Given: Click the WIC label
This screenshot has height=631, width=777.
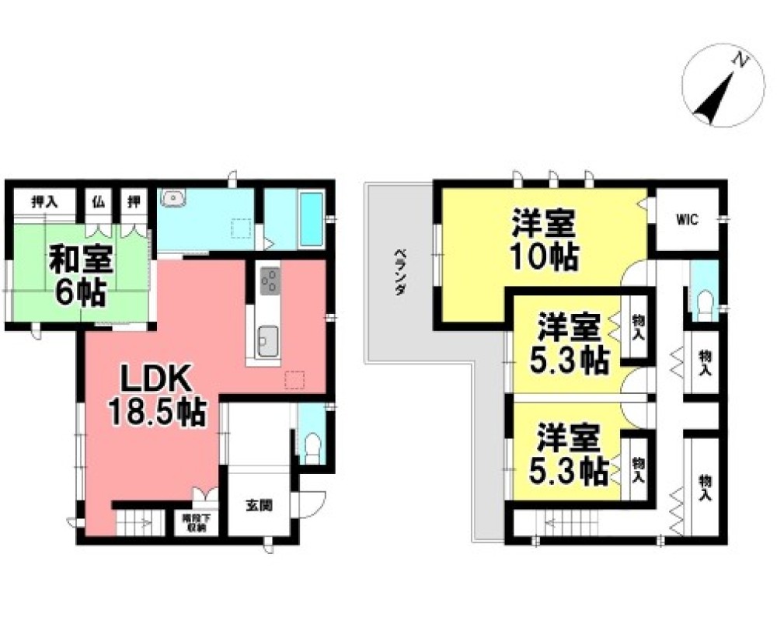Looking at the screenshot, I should click(686, 220).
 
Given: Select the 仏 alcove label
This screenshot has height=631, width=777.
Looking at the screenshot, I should click(99, 202).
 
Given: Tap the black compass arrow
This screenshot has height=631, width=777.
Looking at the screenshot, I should click(715, 97).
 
